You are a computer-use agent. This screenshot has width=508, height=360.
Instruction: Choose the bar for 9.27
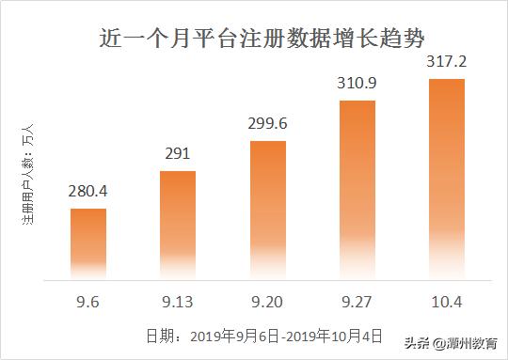(357, 188)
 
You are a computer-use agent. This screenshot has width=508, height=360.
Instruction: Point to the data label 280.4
(87, 192)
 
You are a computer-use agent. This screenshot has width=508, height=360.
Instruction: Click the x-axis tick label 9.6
(87, 302)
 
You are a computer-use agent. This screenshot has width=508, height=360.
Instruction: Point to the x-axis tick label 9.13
(177, 302)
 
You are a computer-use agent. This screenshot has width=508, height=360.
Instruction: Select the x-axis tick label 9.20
(267, 302)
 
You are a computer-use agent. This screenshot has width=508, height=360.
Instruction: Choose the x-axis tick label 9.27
(357, 302)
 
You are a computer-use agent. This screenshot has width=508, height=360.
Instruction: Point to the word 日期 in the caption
(161, 335)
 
